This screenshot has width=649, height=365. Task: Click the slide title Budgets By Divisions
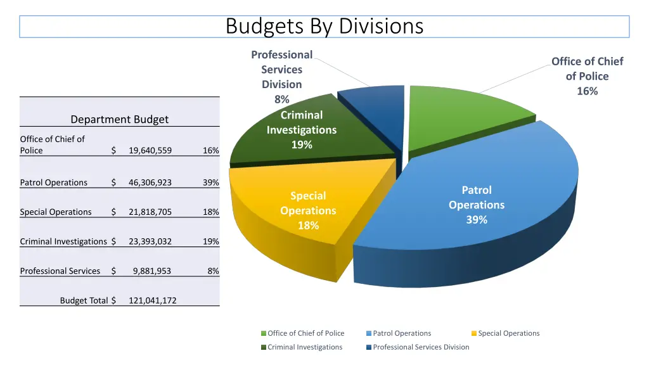(x=324, y=27)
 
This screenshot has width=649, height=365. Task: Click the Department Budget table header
(x=119, y=119)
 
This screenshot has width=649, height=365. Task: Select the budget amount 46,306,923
(x=150, y=182)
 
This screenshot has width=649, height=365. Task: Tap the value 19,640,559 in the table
(x=150, y=151)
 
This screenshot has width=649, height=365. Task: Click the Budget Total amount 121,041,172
(x=152, y=300)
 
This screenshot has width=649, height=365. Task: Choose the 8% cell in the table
(x=213, y=271)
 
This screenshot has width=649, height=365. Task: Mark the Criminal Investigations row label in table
(x=63, y=241)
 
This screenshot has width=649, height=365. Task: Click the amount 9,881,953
(x=151, y=271)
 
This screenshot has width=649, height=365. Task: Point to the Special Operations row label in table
(x=56, y=212)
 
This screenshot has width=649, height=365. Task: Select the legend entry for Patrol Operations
(x=402, y=333)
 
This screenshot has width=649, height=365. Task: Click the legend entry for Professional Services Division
(x=421, y=347)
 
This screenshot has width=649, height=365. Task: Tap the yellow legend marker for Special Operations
(x=474, y=334)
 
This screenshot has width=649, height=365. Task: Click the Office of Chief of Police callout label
(x=587, y=76)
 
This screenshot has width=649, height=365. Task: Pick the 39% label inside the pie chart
(x=477, y=220)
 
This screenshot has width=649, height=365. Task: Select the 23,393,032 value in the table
(x=150, y=241)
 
